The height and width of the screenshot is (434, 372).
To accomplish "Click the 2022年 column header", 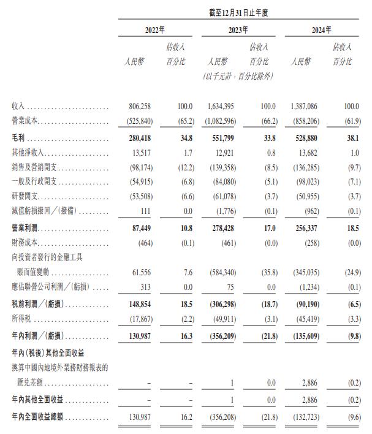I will pyautogui.click(x=154, y=30).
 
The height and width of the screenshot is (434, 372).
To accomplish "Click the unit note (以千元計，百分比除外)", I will pyautogui.click(x=238, y=77).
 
